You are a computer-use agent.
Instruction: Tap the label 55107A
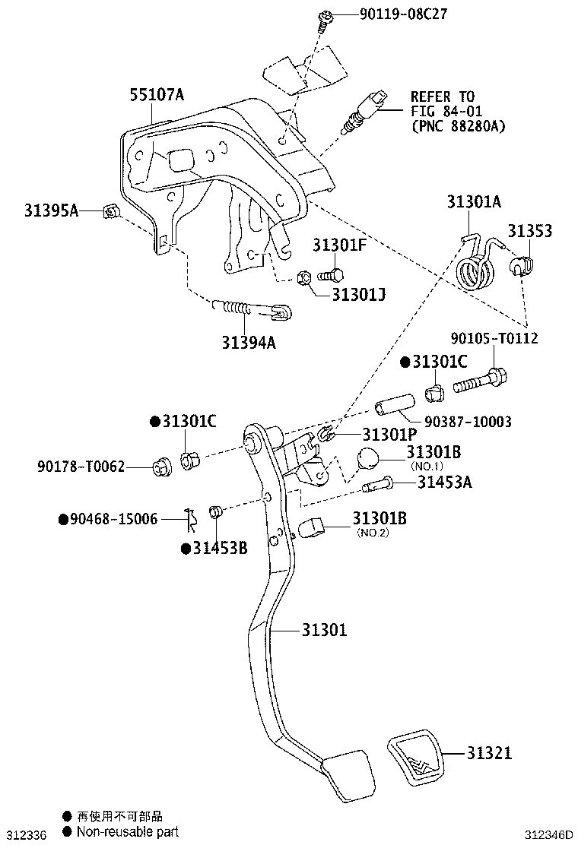[157, 95]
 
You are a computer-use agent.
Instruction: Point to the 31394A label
[249, 343]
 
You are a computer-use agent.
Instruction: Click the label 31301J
[358, 294]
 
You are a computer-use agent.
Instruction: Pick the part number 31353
[530, 231]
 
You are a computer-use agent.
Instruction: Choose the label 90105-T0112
[493, 338]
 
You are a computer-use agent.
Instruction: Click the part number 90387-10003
[467, 422]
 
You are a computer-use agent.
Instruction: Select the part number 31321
[489, 753]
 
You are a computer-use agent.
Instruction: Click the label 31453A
[444, 482]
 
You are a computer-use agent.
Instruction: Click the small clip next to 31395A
[111, 212]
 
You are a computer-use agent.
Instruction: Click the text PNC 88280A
[458, 125]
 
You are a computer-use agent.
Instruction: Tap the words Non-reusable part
[126, 831]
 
